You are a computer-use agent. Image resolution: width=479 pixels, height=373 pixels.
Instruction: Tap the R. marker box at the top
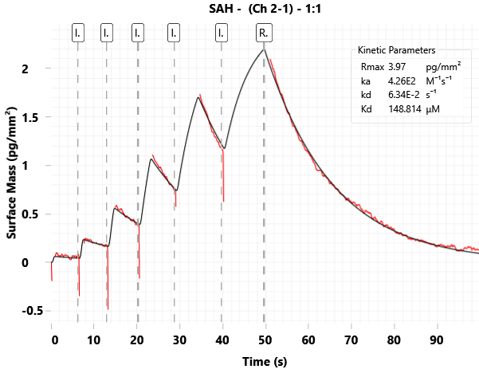[264, 33]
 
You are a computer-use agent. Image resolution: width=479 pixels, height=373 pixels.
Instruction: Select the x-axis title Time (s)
[265, 362]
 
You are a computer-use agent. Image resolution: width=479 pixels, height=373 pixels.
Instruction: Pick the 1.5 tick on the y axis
[28, 117]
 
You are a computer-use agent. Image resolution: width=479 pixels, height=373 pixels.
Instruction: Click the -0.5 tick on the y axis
[25, 311]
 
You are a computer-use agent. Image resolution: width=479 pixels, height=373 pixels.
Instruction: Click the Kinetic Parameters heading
[396, 50]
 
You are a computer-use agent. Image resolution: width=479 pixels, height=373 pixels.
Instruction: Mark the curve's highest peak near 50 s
[264, 50]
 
